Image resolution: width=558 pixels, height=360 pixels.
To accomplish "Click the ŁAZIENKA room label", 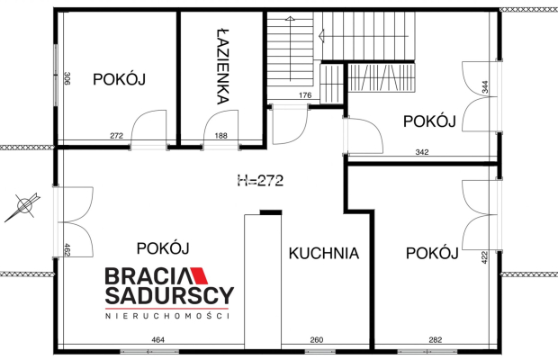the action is coord(223,67).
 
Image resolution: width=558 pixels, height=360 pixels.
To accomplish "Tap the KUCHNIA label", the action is coord(324,253).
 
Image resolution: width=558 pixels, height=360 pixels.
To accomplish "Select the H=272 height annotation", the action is coord(260,181).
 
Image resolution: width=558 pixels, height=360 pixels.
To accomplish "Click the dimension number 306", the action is coord(67,78).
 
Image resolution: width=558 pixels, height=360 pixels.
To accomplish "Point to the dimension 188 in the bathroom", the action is coord(221,136).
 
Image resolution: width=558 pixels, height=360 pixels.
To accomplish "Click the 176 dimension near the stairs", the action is coord(305,95).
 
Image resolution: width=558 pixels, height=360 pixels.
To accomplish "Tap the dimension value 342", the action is coord(422,152).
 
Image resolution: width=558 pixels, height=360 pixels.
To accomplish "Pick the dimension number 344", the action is coord(485,87).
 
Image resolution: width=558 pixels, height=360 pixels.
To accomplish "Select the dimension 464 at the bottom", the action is coord(158,340).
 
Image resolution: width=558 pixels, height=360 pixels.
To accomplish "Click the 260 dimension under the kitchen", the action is coord(317,340).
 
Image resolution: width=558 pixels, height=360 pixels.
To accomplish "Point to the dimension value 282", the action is coord(436,340).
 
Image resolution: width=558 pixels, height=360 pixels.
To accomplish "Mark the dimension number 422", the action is coord(484,257).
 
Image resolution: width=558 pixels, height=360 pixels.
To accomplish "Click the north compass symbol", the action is coord(23,206).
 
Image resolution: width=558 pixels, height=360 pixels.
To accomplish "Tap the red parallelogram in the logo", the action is coord(199,275).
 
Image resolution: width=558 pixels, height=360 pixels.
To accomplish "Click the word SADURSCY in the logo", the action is coord(169,296).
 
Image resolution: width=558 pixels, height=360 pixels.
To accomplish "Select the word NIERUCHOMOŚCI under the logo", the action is coord(167,316).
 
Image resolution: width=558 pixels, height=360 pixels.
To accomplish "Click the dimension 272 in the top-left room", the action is coord(116,136).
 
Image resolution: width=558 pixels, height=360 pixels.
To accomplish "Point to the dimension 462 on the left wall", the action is coord(67,249).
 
